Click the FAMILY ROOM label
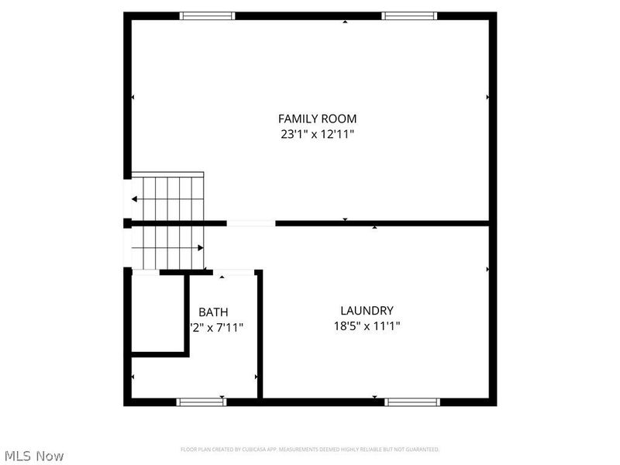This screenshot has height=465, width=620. coord(317,119)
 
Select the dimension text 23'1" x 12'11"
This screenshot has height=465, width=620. coord(317,134)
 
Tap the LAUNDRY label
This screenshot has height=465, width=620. coord(362,310)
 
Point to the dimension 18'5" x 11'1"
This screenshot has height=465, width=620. coord(362,326)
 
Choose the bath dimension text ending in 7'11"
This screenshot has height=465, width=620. coord(217,328)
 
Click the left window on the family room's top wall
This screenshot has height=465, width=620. coord(207,15)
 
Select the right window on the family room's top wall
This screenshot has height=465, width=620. coord(409,15)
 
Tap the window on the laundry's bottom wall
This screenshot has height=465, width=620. coord(412,401)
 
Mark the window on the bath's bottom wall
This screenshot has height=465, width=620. coord(201,401)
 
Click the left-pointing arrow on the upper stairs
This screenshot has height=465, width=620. coord(136,199)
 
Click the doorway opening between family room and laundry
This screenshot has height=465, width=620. coord(250,223)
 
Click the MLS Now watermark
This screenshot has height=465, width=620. coord(33,456)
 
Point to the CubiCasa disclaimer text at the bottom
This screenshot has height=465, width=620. coord(310,449)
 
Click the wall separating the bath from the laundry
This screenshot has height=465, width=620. coord(260,333)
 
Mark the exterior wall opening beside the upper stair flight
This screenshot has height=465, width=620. coord(127,199)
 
